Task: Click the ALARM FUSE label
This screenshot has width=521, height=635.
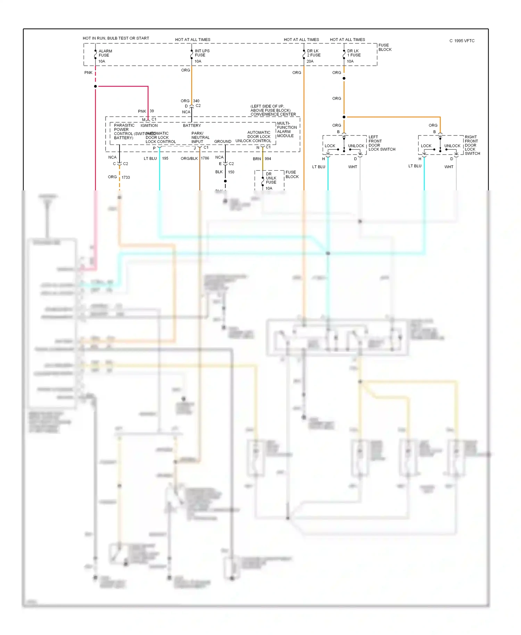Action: [x=105, y=53]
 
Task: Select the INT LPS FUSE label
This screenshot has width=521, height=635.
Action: [x=202, y=53]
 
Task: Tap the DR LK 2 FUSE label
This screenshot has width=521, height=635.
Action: [x=313, y=53]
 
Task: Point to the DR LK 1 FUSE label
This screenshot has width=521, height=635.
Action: [x=354, y=53]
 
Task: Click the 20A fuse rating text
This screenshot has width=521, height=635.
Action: [x=310, y=61]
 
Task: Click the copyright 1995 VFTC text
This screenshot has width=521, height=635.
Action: [x=462, y=41]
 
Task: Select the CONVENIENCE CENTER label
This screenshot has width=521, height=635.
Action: [x=273, y=114]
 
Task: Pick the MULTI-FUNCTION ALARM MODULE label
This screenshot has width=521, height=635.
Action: [x=287, y=130]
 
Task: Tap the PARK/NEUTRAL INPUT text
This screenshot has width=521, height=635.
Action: [x=200, y=138]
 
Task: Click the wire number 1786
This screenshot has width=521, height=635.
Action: [x=205, y=158]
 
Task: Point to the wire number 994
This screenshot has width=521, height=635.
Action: [x=268, y=159]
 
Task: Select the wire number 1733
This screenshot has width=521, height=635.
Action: [x=126, y=178]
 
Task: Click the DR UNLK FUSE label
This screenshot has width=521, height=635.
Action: [x=271, y=178]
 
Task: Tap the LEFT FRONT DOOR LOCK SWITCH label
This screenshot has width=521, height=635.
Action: [x=381, y=143]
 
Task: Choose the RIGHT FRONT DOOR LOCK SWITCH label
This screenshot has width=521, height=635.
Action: [x=472, y=145]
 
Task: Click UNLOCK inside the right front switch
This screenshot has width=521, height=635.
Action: [x=452, y=146]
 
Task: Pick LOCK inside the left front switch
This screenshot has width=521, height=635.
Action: [x=330, y=146]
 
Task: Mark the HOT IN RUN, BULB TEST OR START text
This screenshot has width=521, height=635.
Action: [x=116, y=38]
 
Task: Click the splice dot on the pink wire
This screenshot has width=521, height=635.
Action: [x=96, y=86]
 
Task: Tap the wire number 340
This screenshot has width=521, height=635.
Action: [x=196, y=101]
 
